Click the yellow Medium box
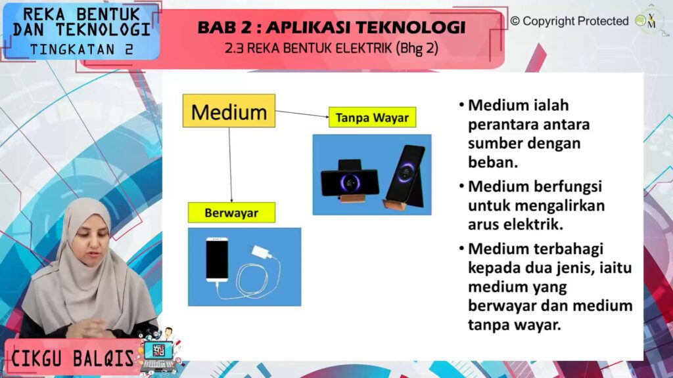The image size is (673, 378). coord(229,111)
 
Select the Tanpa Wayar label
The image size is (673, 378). coord(372,117)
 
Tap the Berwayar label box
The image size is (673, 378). coord(231,213)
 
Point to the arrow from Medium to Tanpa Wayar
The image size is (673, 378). coord(302,114)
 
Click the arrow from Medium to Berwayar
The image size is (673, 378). coord(230,165)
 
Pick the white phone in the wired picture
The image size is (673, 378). coord(217,259)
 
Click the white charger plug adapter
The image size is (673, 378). coord(262,251)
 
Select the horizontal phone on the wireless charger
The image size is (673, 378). coord(350,183)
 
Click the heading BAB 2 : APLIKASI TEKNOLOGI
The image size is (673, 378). coord(331,28)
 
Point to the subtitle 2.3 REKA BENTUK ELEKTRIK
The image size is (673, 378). coord(308,49)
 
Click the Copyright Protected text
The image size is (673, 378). coord(570,21)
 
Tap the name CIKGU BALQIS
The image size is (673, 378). coord(72,358)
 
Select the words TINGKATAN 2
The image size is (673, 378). coord(81,50)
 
